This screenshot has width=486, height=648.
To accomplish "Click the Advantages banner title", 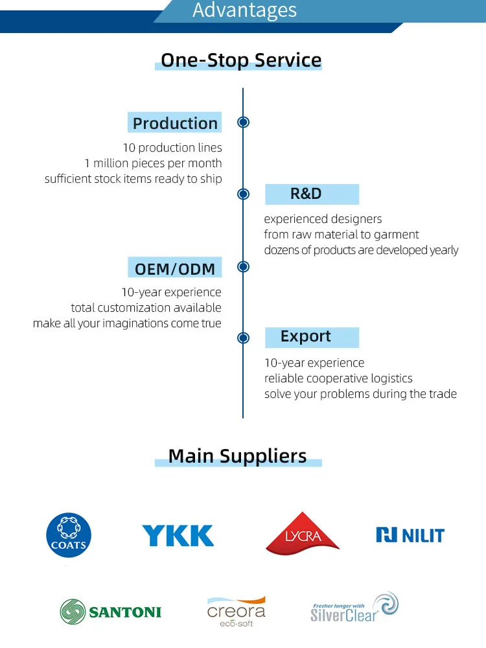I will pos(244,10).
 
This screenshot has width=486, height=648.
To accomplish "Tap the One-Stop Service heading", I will pos(241,60).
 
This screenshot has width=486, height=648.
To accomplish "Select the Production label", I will pos(175,123).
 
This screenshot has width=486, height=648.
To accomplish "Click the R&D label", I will pos(306,194).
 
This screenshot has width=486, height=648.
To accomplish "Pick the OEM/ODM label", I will pos(174,268).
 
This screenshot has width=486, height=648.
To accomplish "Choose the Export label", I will pos(306,336).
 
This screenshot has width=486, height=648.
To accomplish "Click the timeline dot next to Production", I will pos(243,122).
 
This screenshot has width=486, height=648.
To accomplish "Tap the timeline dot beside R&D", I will pos(243,194).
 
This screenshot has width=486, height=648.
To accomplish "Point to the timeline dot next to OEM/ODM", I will pos(243,266).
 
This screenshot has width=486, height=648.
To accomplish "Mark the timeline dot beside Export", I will pos(243,338).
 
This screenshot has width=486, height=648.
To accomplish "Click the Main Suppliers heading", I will pos(237,456).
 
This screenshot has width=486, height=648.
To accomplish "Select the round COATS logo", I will pos(69,536).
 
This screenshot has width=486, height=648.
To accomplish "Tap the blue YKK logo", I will pos(178,536).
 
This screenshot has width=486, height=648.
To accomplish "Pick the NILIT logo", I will pos(410,535).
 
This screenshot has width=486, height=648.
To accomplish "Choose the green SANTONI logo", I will pos(111,612).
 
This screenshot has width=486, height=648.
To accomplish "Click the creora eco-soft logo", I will pos(237,612).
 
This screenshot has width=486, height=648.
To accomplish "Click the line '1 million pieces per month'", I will pos(153,163).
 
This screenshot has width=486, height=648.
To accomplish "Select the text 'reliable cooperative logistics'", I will pos(338,378).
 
